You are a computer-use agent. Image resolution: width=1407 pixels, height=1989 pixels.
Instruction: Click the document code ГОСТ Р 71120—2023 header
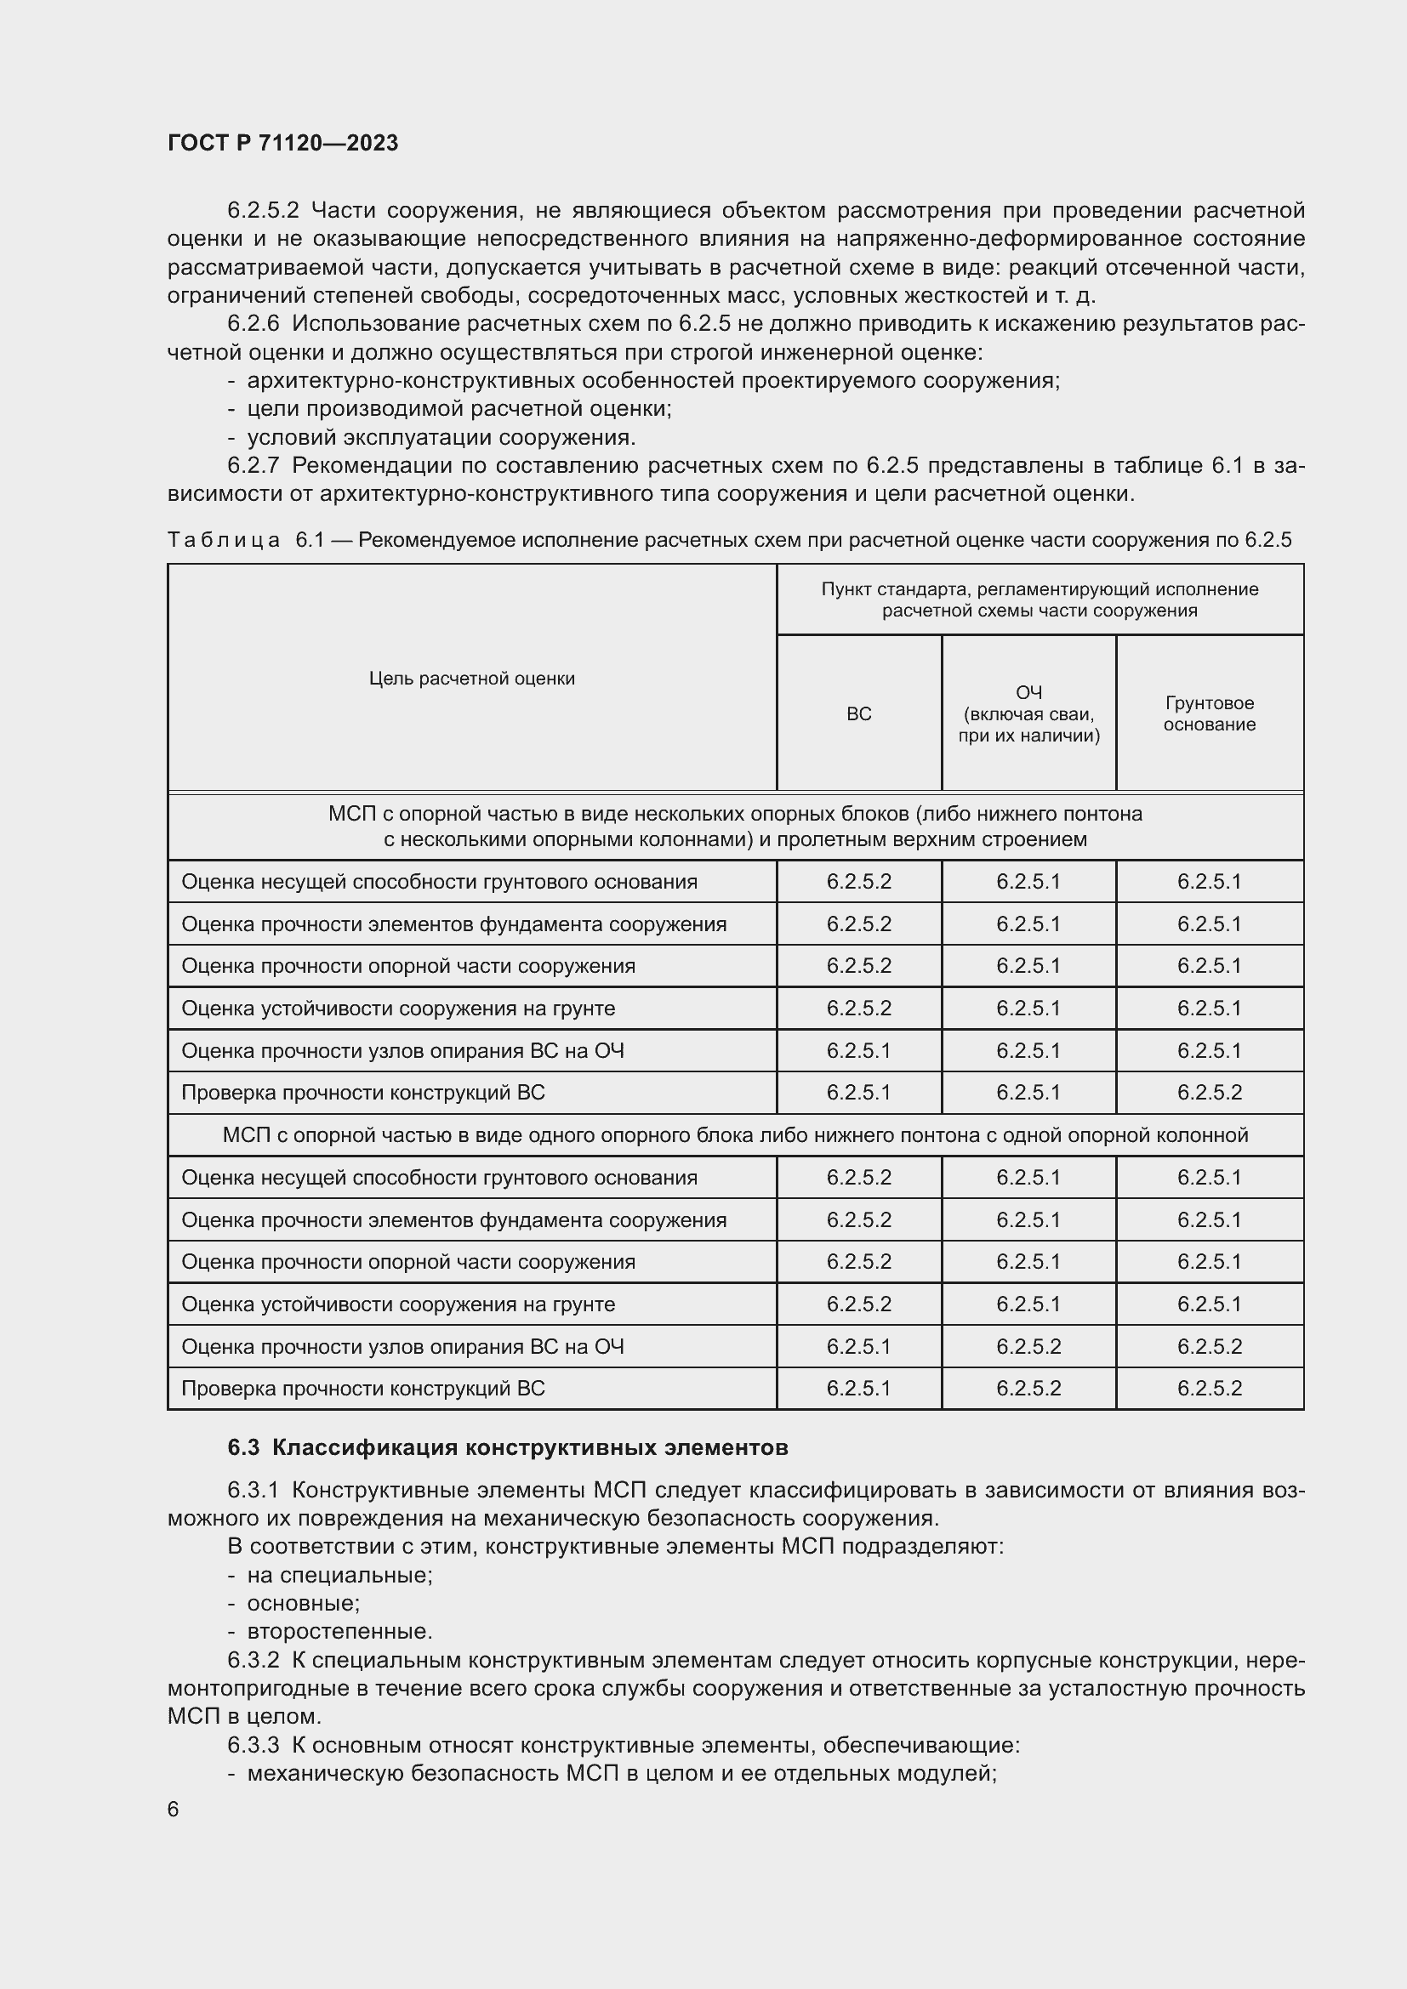tap(282, 143)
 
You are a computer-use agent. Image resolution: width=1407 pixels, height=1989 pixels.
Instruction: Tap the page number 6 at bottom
tap(174, 1809)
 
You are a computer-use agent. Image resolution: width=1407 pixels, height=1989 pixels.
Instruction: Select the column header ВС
tap(857, 713)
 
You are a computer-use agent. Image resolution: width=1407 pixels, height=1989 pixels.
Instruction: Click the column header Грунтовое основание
tap(1209, 713)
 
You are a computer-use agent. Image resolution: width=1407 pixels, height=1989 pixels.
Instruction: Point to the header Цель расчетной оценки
tap(471, 679)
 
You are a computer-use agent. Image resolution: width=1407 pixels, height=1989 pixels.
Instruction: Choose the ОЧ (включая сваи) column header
tap(1028, 713)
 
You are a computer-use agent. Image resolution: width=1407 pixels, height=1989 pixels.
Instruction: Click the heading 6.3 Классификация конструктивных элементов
tap(508, 1447)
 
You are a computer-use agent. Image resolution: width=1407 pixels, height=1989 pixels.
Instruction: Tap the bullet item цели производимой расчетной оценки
tap(459, 408)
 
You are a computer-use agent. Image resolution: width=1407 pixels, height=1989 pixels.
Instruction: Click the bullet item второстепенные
tap(339, 1631)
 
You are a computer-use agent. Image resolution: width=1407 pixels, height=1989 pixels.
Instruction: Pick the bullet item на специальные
tap(339, 1574)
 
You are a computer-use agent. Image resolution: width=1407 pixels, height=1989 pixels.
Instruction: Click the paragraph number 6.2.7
tap(253, 465)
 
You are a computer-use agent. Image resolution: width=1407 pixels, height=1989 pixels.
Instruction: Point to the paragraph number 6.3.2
tap(253, 1660)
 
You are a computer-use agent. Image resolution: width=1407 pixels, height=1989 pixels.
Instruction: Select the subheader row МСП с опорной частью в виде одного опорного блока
tap(735, 1135)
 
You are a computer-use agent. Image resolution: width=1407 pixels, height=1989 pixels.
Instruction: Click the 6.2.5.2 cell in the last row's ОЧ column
tap(1028, 1388)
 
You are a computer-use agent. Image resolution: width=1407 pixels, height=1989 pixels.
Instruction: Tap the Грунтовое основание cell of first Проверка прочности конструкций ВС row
tap(1209, 1093)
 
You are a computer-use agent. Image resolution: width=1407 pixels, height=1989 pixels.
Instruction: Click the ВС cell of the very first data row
tap(857, 882)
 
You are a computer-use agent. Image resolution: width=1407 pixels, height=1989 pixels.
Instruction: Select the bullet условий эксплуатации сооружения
tap(441, 436)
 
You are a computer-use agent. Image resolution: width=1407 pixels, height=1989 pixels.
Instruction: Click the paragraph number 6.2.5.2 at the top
tap(263, 211)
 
